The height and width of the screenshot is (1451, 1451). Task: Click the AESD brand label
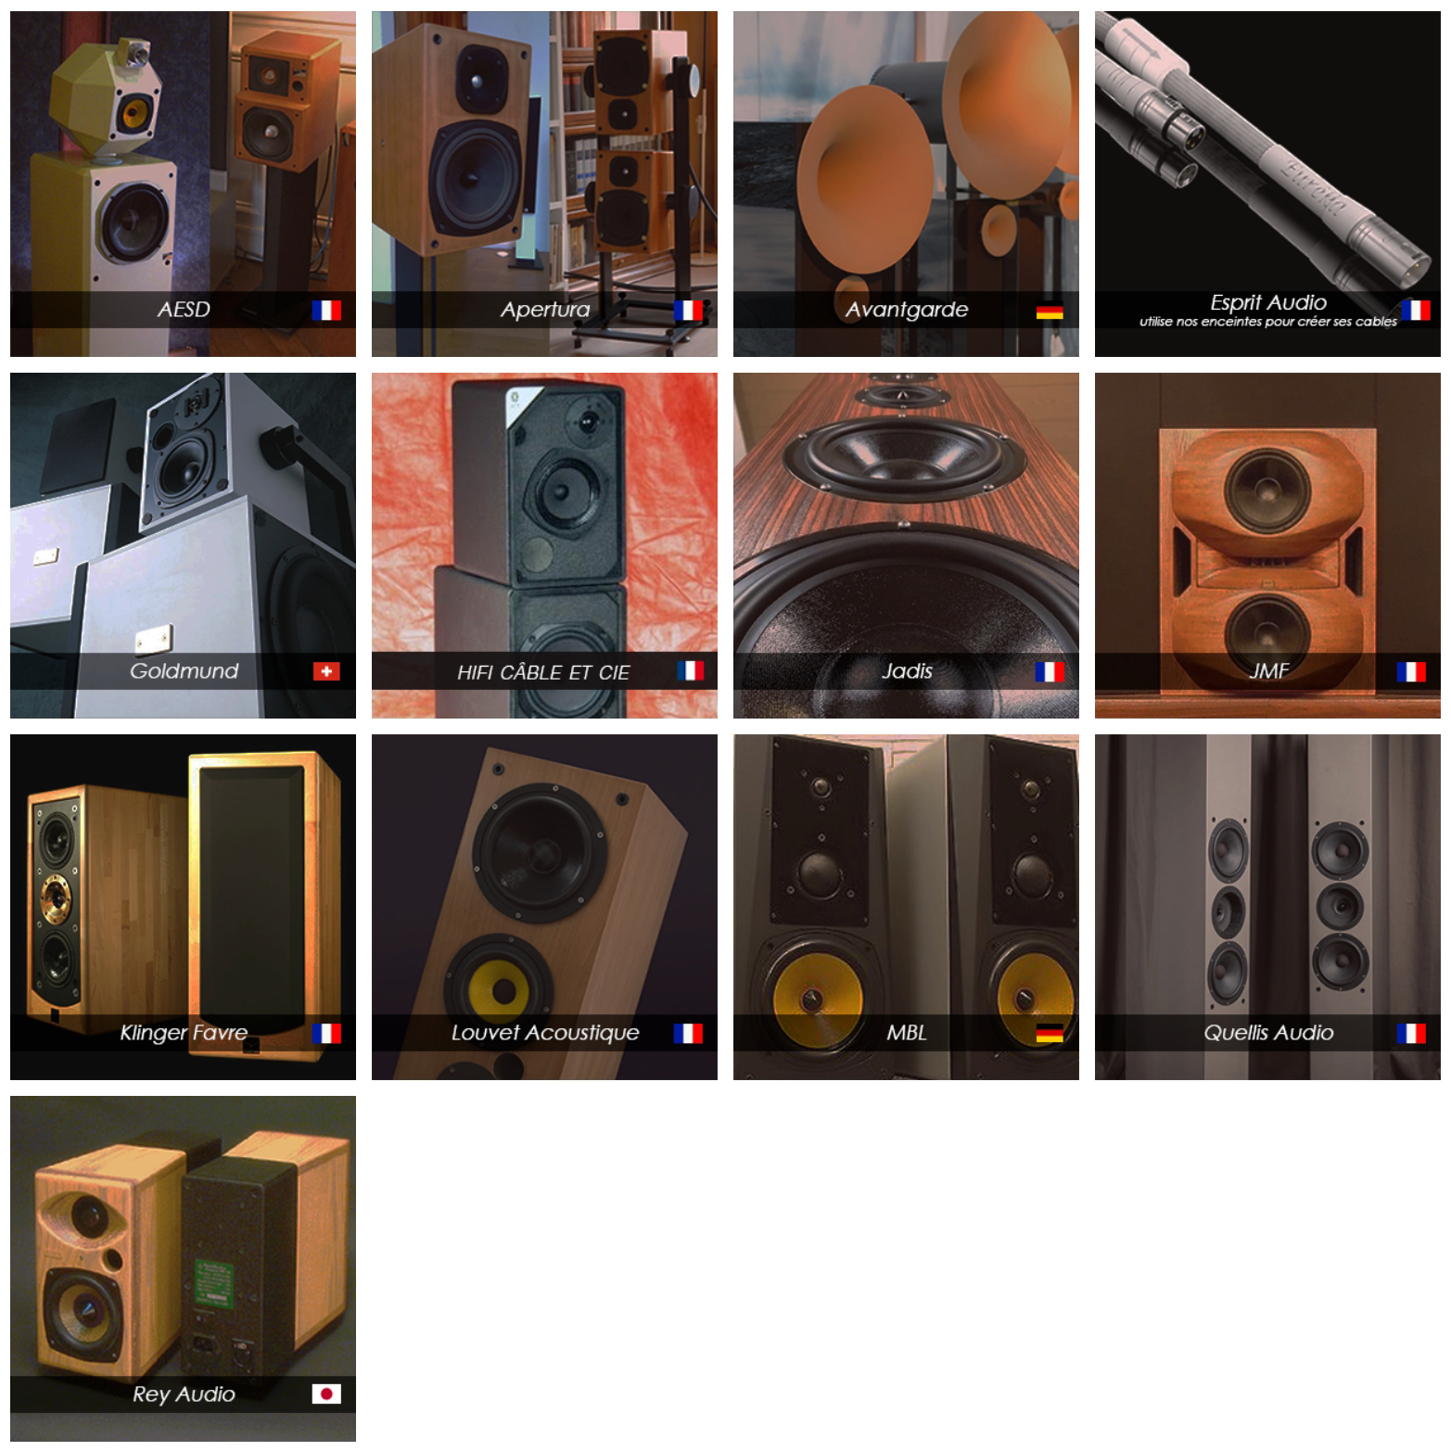(x=184, y=310)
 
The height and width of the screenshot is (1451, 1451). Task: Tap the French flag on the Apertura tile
(x=688, y=311)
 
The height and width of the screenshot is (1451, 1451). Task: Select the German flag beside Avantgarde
(x=1050, y=312)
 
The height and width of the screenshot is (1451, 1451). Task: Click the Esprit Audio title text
(x=1267, y=302)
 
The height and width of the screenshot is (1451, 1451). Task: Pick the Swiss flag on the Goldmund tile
(x=326, y=671)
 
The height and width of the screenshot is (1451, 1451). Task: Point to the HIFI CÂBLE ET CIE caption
(x=543, y=672)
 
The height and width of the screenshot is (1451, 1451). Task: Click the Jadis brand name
(x=907, y=671)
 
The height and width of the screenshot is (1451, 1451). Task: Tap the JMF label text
(x=1268, y=671)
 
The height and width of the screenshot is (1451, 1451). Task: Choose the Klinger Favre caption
(x=184, y=1033)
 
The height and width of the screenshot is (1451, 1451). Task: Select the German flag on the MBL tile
(x=1050, y=1033)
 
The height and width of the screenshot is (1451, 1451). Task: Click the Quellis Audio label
(x=1268, y=1033)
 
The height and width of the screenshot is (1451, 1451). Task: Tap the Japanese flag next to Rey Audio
(x=326, y=1394)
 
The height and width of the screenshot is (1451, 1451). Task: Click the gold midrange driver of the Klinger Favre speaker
(x=54, y=896)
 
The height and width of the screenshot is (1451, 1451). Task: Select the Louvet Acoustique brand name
(x=545, y=1033)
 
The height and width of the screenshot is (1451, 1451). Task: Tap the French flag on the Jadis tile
(x=1050, y=671)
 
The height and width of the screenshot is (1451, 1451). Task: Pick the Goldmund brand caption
(x=184, y=671)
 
